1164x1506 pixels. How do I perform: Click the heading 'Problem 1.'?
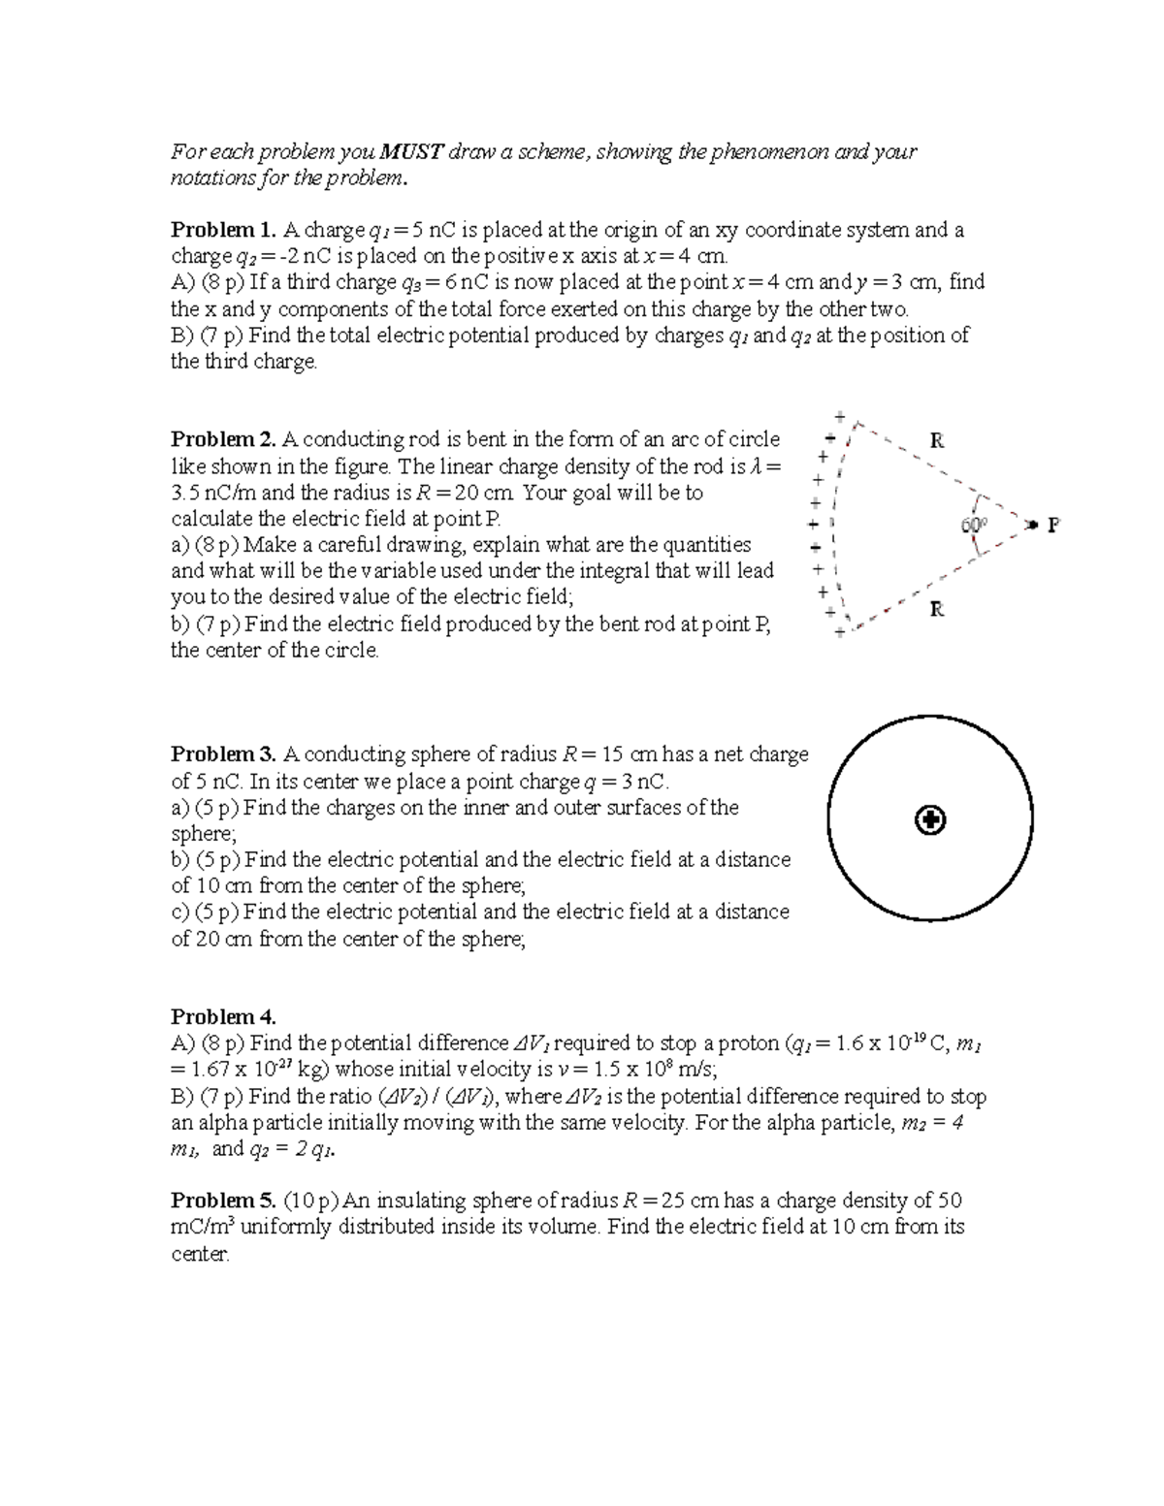tap(223, 230)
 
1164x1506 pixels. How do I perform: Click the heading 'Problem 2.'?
tap(223, 439)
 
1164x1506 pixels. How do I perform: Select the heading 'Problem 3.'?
tap(223, 754)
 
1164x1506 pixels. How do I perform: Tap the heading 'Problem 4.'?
tap(223, 1017)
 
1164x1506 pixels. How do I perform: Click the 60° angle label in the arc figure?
tap(973, 525)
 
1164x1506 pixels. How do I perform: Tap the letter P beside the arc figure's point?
tap(1052, 526)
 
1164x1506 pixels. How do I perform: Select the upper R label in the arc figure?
tap(937, 440)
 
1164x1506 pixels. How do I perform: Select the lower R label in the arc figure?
tap(937, 610)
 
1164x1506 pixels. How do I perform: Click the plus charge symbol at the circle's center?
tap(930, 821)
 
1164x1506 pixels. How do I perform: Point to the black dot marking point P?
tap(1034, 525)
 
